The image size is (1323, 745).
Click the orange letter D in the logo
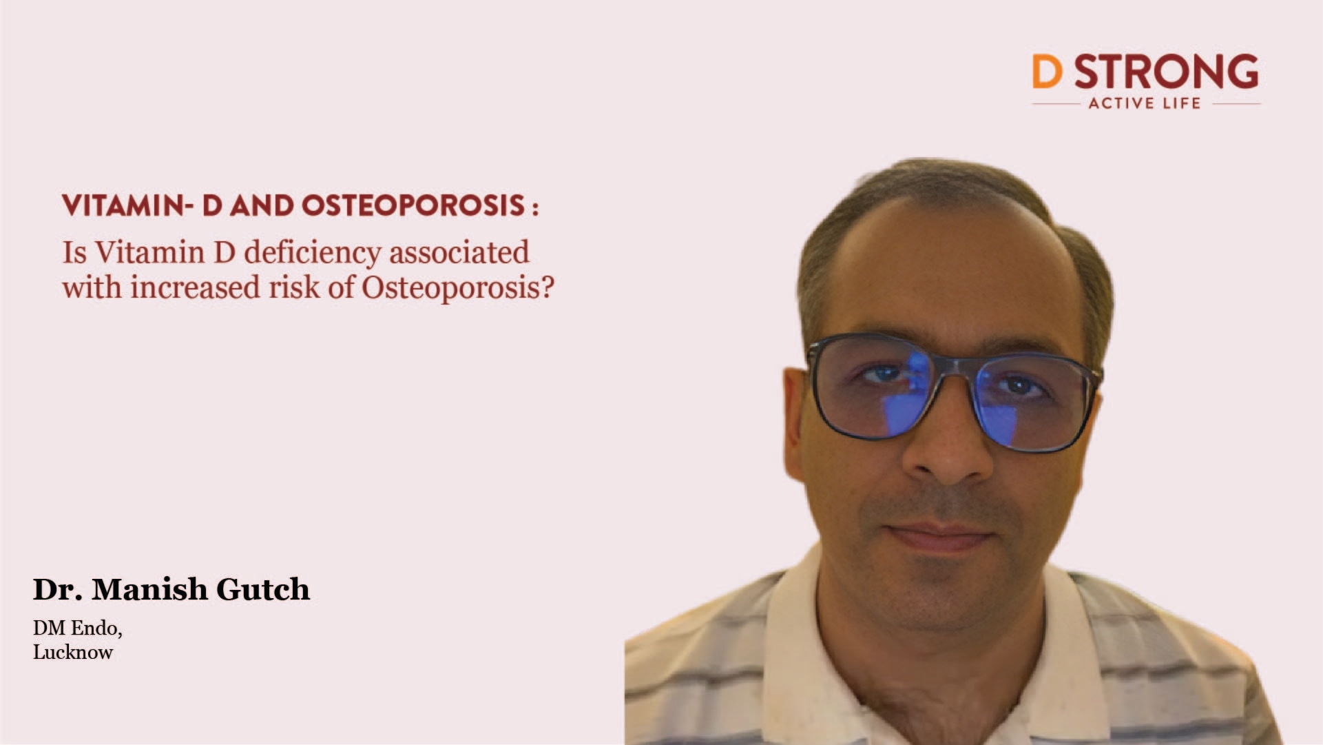coord(1047,72)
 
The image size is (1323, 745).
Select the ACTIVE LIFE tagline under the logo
coord(1145,103)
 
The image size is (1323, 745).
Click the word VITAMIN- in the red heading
coord(123,206)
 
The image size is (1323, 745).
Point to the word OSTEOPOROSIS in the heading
coord(413,206)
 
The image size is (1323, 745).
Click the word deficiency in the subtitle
coord(313,253)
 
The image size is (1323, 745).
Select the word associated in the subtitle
coord(459,253)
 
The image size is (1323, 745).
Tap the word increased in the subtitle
coord(196,287)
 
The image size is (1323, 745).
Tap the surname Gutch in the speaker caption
coord(263,590)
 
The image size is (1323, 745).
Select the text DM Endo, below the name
coord(77,628)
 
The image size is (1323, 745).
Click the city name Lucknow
coord(73,653)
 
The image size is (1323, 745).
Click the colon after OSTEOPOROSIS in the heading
coord(535,208)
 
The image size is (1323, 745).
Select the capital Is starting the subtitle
coord(74,253)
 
